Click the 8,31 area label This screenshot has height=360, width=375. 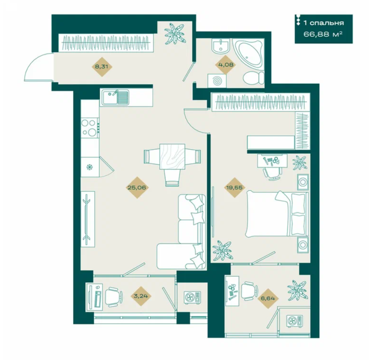point(102,67)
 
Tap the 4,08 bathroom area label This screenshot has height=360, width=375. point(225,64)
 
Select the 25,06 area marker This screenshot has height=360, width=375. point(137,187)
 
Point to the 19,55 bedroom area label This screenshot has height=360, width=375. point(235,188)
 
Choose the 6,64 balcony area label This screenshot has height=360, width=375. point(268,298)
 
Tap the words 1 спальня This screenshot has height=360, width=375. point(324,23)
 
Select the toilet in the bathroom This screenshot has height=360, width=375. point(254,78)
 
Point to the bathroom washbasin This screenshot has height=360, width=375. point(221,46)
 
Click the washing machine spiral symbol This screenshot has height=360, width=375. point(218,81)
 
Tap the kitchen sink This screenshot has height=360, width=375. point(116,97)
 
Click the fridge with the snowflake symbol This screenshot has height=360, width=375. point(90,167)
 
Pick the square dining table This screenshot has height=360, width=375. point(172,156)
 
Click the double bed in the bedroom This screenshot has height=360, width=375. point(277,213)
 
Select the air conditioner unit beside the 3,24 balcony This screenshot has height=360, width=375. point(192,297)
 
